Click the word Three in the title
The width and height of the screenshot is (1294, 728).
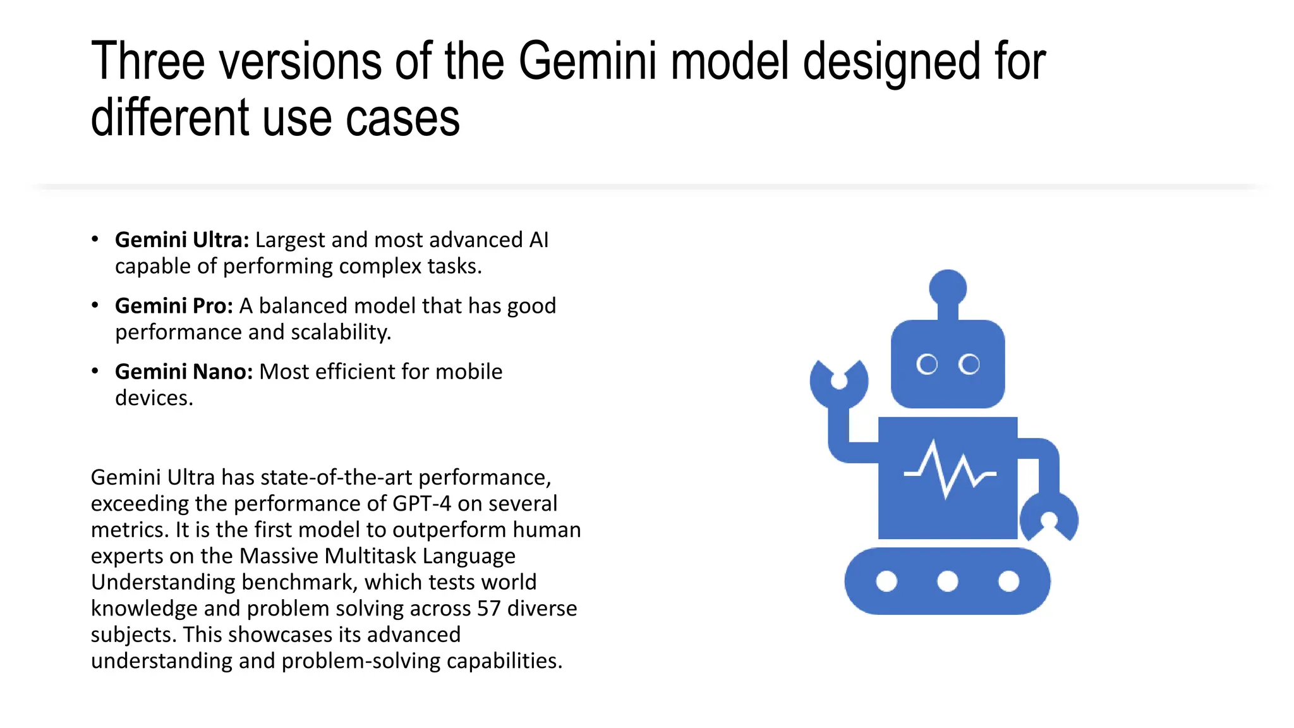(x=148, y=61)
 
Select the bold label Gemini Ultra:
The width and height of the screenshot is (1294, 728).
(x=182, y=240)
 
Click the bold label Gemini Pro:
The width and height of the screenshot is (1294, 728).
(x=174, y=306)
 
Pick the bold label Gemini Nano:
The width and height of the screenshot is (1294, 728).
(x=184, y=372)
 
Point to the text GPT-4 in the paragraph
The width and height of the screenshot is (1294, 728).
(x=421, y=504)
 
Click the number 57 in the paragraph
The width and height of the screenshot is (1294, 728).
(x=489, y=609)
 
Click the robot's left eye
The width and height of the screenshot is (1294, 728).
(x=927, y=365)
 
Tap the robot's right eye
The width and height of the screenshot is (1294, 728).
(x=969, y=365)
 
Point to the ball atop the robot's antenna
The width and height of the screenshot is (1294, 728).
(x=948, y=288)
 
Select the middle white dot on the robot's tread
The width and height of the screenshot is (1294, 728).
(x=948, y=581)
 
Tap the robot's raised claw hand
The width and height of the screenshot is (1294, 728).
(x=839, y=383)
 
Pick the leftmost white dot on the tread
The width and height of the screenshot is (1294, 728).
(x=886, y=581)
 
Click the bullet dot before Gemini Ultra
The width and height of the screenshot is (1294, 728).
(x=95, y=240)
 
